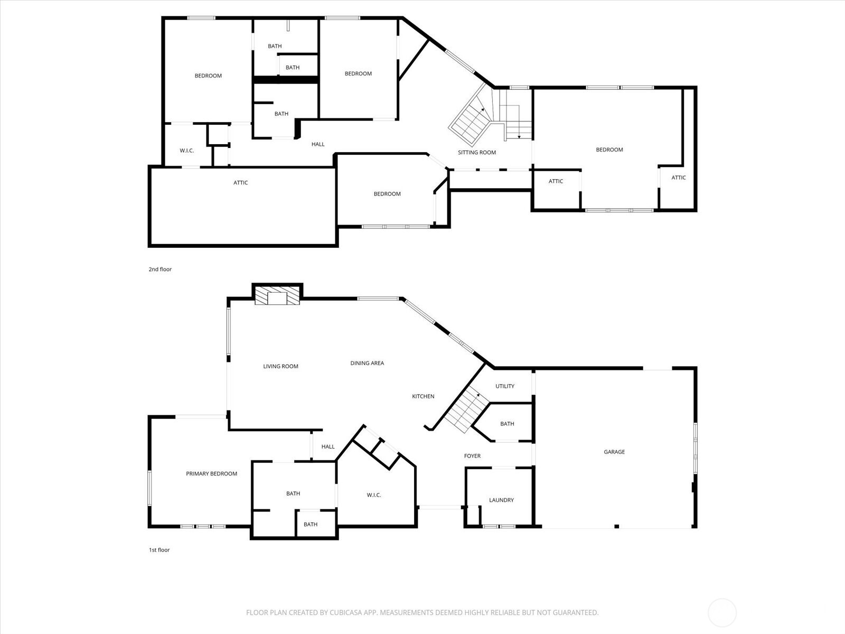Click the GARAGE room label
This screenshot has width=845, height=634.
(x=614, y=452)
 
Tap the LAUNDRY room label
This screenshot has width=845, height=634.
(x=501, y=500)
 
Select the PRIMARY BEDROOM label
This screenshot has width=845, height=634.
(x=211, y=474)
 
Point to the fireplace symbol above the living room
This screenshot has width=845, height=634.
(x=277, y=296)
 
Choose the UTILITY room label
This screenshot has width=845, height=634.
(x=505, y=386)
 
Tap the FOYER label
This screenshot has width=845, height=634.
(x=472, y=456)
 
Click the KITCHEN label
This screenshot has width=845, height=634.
(x=423, y=396)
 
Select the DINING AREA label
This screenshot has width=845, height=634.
(x=367, y=363)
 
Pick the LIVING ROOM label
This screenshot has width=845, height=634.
(x=280, y=366)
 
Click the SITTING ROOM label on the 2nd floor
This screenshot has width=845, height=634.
(x=476, y=152)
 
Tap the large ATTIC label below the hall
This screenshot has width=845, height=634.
(x=240, y=183)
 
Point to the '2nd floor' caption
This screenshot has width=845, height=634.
(x=160, y=269)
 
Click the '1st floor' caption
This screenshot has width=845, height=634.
(x=159, y=550)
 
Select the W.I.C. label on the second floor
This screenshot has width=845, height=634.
(x=186, y=151)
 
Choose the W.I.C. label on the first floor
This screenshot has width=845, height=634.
(x=373, y=495)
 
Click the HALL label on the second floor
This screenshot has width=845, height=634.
(x=318, y=144)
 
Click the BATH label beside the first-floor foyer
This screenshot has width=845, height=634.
(x=507, y=424)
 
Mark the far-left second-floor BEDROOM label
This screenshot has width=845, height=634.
(x=208, y=76)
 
